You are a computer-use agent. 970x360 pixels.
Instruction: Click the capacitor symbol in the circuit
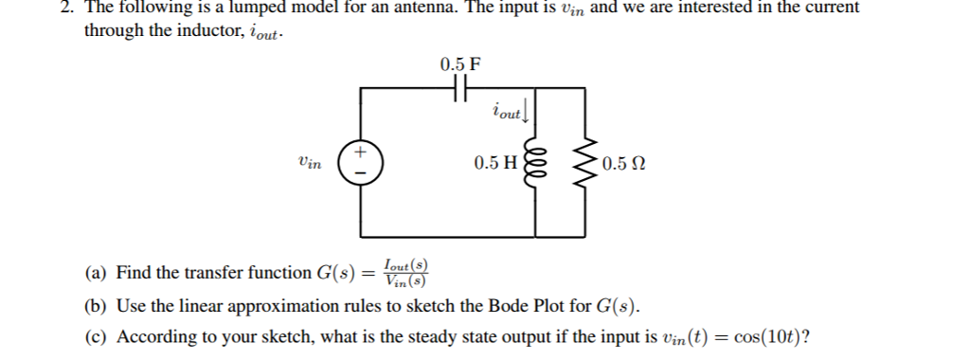click(x=459, y=88)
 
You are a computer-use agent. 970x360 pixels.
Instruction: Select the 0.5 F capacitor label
click(x=460, y=64)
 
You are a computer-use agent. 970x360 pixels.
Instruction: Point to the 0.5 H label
click(x=495, y=163)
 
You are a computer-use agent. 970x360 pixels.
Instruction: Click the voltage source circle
click(x=360, y=163)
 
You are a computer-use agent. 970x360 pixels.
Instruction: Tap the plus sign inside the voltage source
click(x=360, y=152)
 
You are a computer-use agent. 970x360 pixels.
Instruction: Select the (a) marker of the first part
click(x=95, y=274)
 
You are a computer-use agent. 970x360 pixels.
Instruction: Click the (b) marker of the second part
click(x=95, y=307)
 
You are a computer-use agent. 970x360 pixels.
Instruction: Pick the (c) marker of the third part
click(x=95, y=337)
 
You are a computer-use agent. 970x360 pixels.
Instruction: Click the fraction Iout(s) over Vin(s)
click(x=405, y=272)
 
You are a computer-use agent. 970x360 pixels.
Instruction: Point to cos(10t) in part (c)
click(x=765, y=337)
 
